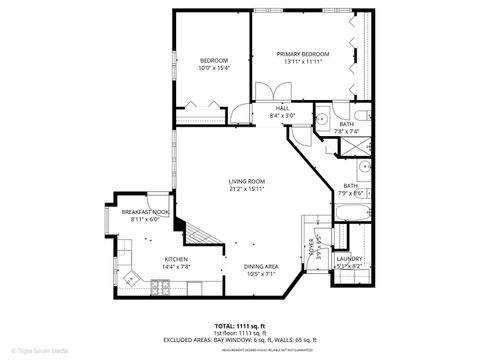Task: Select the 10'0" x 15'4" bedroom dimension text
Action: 214,69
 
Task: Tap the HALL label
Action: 281,108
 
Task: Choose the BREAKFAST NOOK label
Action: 145,212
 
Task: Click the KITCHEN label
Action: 176,259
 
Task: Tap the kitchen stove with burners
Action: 159,288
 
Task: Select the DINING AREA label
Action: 260,265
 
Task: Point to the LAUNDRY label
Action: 349,259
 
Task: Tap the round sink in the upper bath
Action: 323,119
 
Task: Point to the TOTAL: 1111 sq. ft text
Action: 240,326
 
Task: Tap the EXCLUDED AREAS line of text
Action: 240,340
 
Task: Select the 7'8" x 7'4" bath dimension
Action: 346,131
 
